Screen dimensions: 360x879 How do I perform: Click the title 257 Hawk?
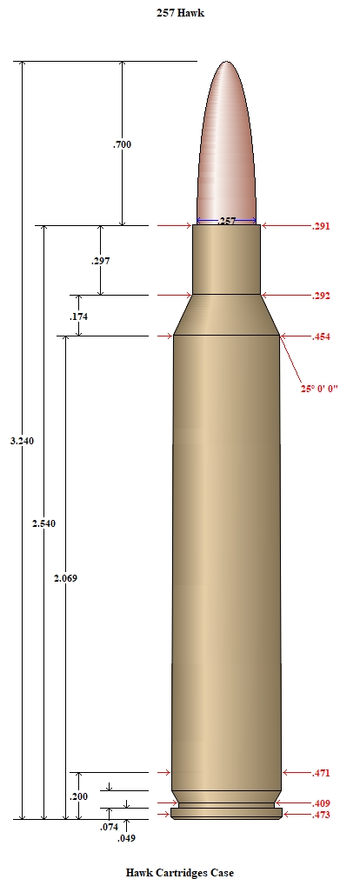click(x=180, y=13)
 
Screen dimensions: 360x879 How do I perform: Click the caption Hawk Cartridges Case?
click(x=179, y=872)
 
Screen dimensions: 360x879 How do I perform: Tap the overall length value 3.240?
click(x=22, y=441)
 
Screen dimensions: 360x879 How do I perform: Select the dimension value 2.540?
click(x=43, y=523)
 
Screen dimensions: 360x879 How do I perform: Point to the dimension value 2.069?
click(x=65, y=578)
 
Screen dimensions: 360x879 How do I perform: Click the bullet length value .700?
click(x=123, y=144)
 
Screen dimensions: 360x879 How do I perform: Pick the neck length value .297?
click(x=101, y=261)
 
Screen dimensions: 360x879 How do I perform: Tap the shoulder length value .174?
click(x=78, y=316)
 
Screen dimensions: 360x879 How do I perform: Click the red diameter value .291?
click(x=321, y=226)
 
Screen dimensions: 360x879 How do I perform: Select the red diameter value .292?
click(x=321, y=296)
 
